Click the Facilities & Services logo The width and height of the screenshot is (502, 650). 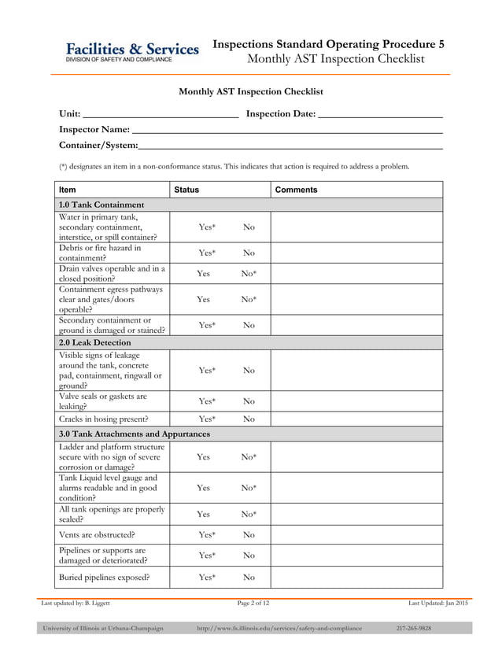coord(131,52)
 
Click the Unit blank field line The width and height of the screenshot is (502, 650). coord(161,115)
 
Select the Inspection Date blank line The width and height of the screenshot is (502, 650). coord(380,115)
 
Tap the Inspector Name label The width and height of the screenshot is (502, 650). coord(94,129)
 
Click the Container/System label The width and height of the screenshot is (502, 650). coord(98,145)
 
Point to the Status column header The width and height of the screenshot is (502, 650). coord(186,190)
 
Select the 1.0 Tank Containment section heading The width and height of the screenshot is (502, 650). coord(102,205)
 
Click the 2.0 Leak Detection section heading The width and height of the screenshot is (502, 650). coord(95,343)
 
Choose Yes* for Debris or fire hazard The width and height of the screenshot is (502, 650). coord(207,253)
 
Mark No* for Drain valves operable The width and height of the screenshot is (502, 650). coord(249,274)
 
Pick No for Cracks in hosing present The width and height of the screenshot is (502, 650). coord(249,419)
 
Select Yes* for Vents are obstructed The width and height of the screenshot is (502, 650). coord(207,535)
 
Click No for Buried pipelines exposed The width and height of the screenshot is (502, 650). coord(249,578)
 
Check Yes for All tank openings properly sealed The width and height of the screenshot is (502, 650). coord(203,514)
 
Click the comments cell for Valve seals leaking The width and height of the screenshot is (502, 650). coord(356,401)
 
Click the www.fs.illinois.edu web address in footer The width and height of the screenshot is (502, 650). coord(279,629)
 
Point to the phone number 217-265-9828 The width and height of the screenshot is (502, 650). coord(413,629)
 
